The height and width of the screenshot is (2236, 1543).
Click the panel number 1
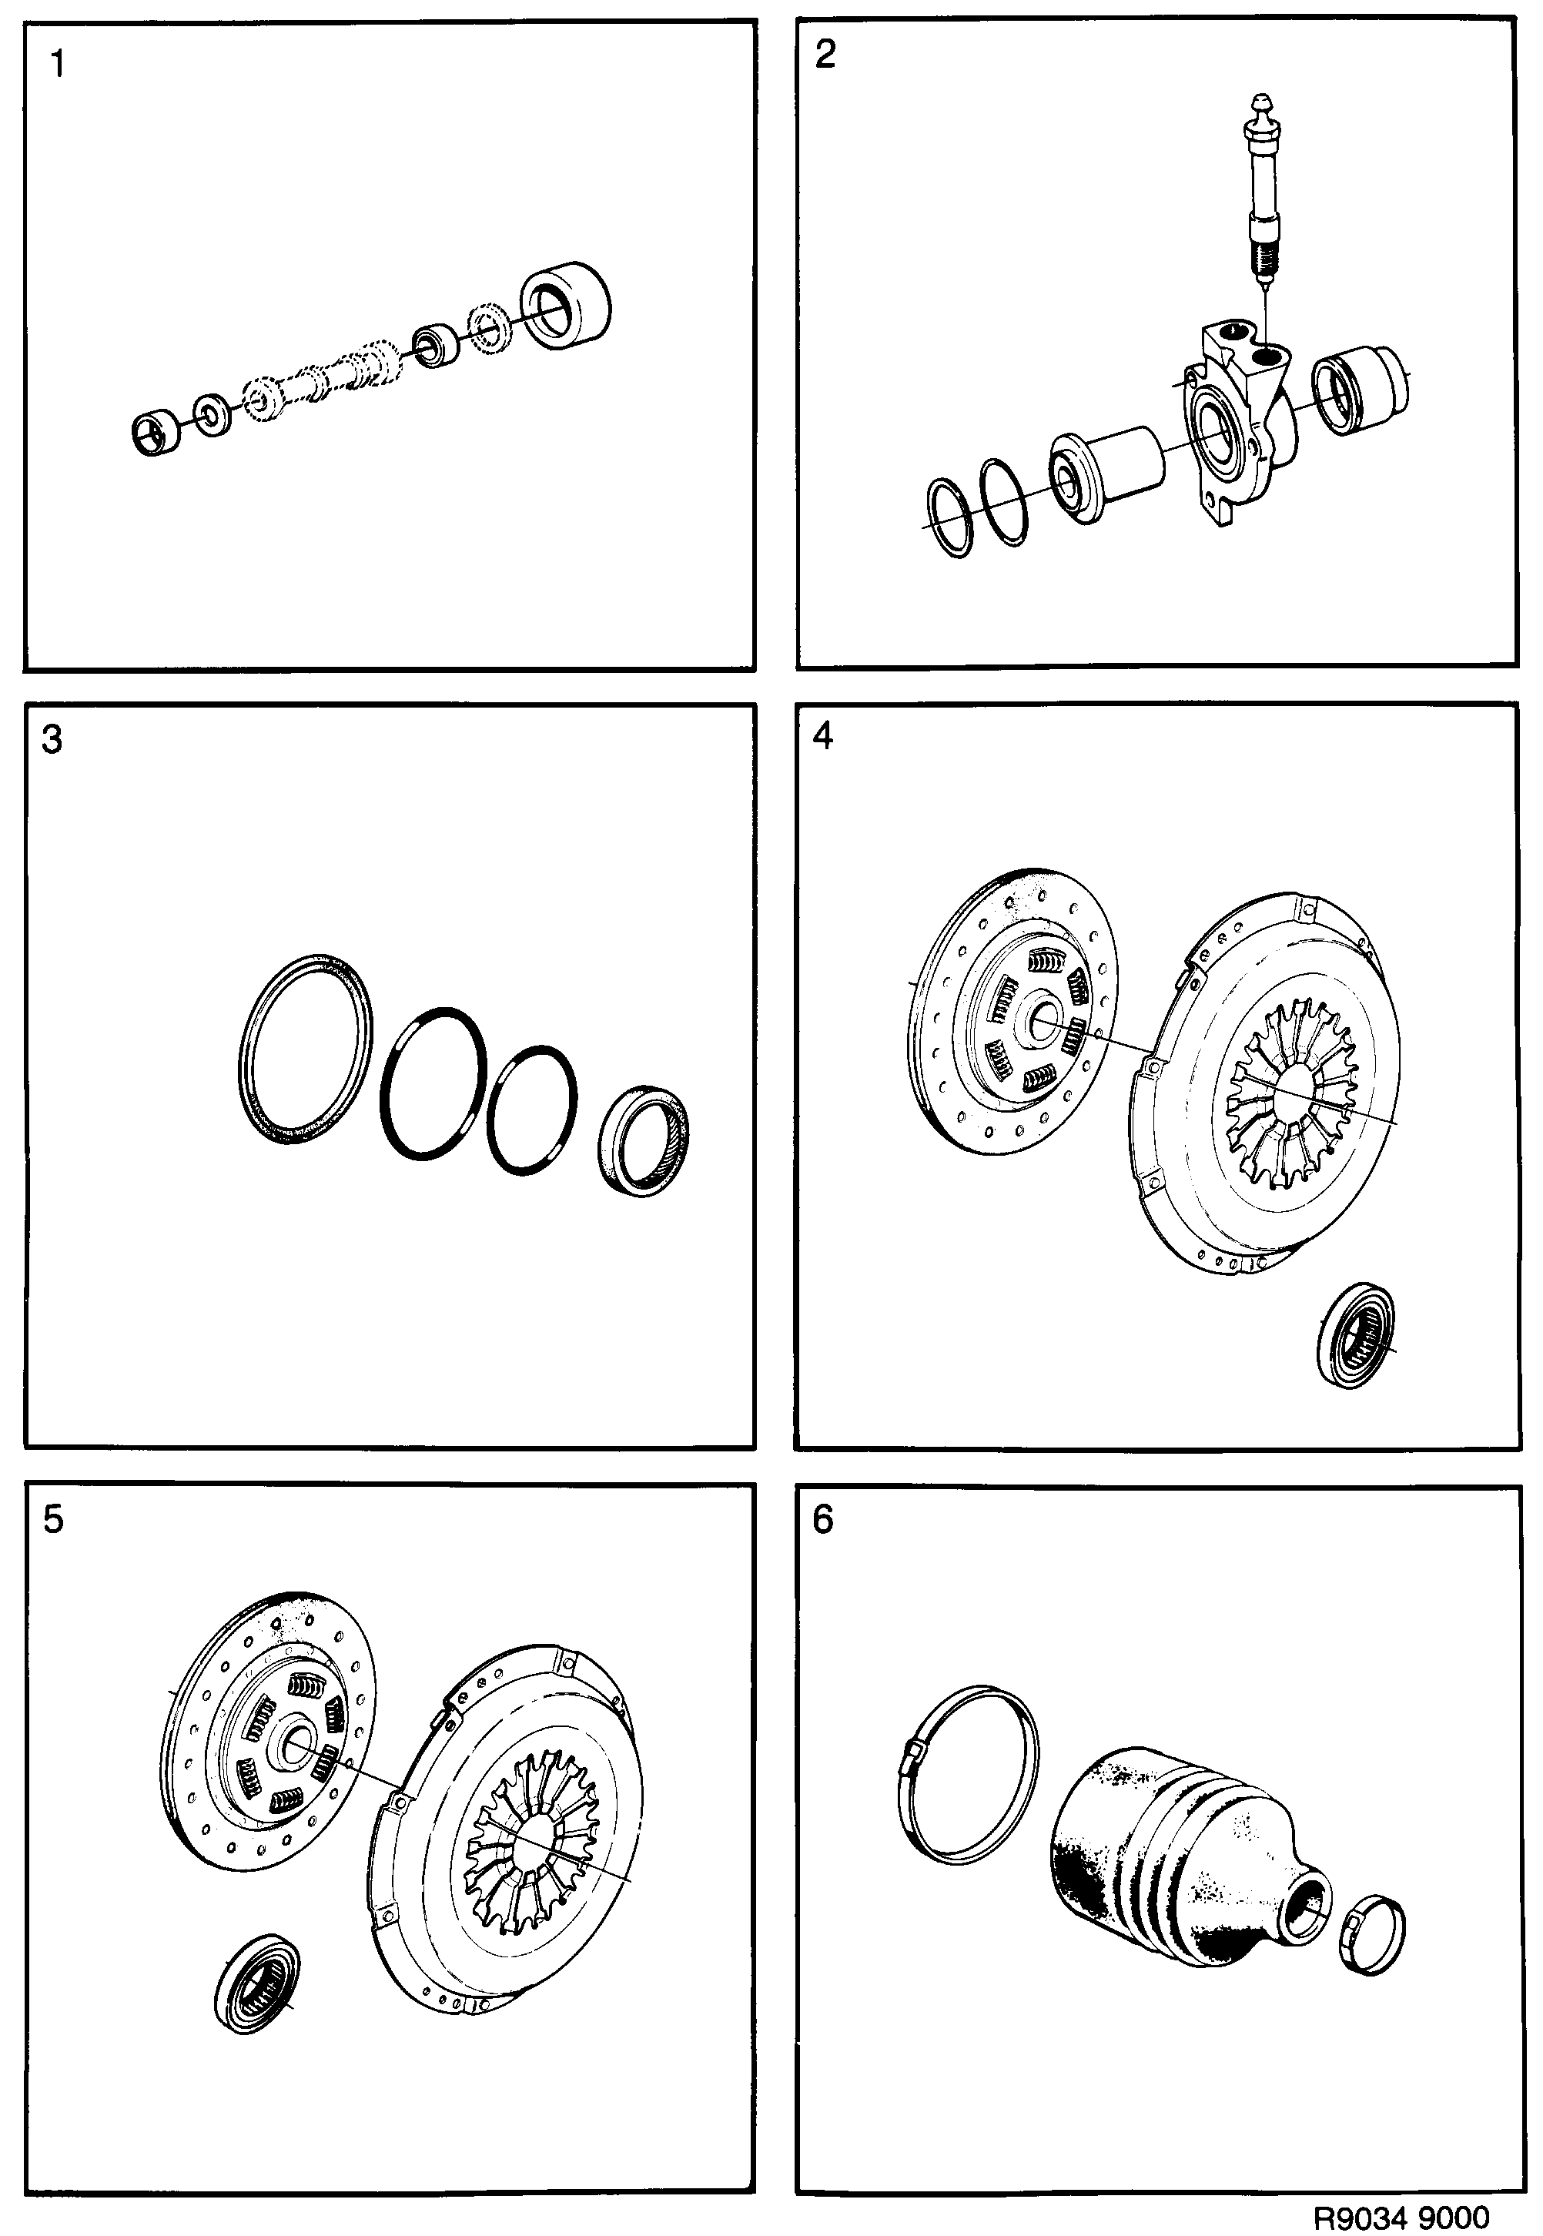tap(58, 65)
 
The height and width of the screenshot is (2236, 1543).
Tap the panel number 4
tap(823, 737)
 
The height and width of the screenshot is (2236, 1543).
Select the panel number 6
tap(823, 1521)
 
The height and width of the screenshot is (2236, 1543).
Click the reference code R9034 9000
tap(1401, 2216)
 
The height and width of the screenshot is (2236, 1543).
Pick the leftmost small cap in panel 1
tap(155, 433)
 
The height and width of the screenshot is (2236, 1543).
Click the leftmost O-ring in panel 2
tap(950, 517)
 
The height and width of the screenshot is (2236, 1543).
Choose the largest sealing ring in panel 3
tap(306, 1049)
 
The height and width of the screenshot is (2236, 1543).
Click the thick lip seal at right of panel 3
tap(644, 1142)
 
